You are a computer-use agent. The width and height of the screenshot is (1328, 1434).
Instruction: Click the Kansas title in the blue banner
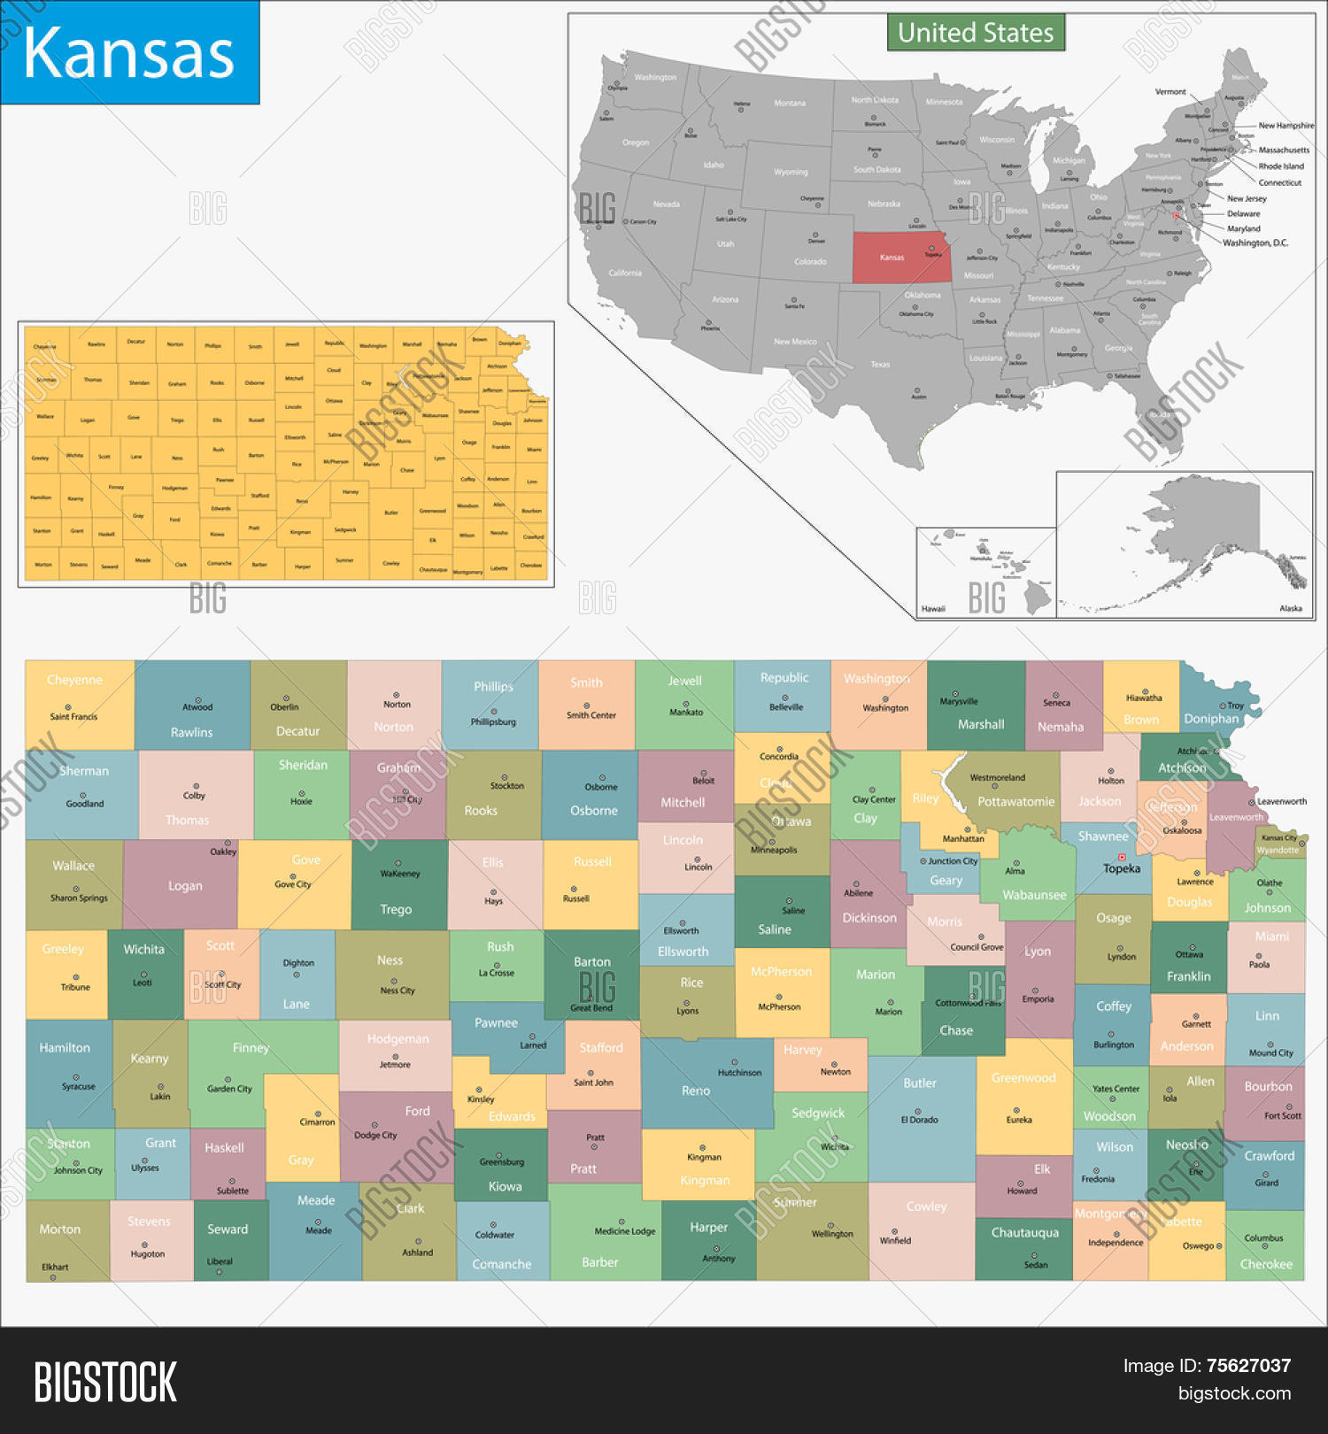(x=129, y=53)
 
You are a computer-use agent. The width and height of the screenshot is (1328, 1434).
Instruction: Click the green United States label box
(x=976, y=33)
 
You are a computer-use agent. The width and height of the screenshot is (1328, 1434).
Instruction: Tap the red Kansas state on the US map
(x=899, y=258)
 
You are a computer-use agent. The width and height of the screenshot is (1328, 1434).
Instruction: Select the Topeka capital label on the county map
(x=1122, y=868)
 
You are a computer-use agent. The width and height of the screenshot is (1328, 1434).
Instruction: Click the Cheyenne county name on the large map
(x=74, y=680)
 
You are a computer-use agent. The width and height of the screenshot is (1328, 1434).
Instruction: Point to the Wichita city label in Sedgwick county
(x=834, y=1146)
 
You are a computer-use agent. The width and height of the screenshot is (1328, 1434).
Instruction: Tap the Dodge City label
(x=375, y=1135)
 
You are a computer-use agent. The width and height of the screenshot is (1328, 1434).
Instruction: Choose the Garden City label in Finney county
(x=229, y=1089)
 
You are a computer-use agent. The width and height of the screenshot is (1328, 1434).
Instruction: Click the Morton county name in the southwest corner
(x=59, y=1229)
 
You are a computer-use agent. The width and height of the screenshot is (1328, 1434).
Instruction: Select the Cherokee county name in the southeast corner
(x=1266, y=1264)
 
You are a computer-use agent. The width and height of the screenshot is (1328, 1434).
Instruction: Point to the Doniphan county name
(x=1211, y=719)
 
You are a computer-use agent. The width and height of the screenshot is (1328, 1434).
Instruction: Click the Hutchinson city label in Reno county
(x=739, y=1072)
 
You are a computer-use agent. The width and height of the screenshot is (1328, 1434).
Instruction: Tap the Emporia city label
(x=1038, y=998)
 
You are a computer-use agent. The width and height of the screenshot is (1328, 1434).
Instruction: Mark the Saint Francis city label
(x=73, y=716)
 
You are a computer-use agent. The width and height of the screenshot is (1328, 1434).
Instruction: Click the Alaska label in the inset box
(x=1291, y=608)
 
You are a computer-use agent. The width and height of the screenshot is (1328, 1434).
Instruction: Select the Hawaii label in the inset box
(x=933, y=608)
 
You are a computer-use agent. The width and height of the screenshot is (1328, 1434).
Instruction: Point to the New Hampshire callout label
(x=1286, y=126)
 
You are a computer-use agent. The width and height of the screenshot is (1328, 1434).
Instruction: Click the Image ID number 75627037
(x=1248, y=1366)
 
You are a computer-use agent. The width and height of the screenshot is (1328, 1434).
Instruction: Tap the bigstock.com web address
(x=1234, y=1393)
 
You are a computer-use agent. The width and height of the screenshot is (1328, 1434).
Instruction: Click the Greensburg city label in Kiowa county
(x=502, y=1161)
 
